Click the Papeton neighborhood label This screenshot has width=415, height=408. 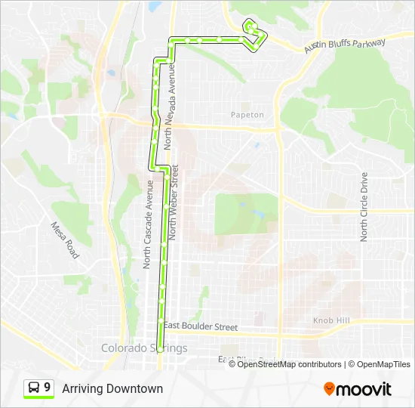tap(247, 115)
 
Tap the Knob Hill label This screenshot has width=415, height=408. tap(331, 321)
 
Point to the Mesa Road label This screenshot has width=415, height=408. tap(65, 240)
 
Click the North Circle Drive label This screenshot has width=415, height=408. tap(364, 207)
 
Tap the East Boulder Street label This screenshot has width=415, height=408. tap(200, 327)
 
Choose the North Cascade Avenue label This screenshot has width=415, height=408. tap(149, 224)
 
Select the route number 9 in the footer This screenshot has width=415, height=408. tap(48, 388)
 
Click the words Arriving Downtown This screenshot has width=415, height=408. tap(112, 388)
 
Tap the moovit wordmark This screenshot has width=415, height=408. tap(364, 389)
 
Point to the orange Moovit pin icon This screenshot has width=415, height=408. tap(329, 388)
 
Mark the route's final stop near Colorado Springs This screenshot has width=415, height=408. tap(160, 348)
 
